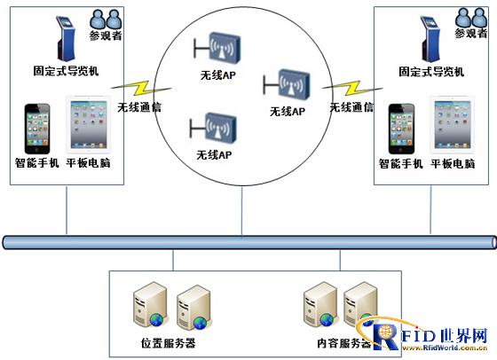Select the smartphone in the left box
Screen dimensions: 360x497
pos(37,129)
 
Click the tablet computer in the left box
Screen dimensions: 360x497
pos(88,128)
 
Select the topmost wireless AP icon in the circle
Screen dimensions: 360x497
pos(218,45)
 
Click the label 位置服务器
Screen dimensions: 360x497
pos(168,343)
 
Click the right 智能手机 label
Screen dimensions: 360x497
pos(400,163)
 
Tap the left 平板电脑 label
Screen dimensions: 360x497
pos(89,163)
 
